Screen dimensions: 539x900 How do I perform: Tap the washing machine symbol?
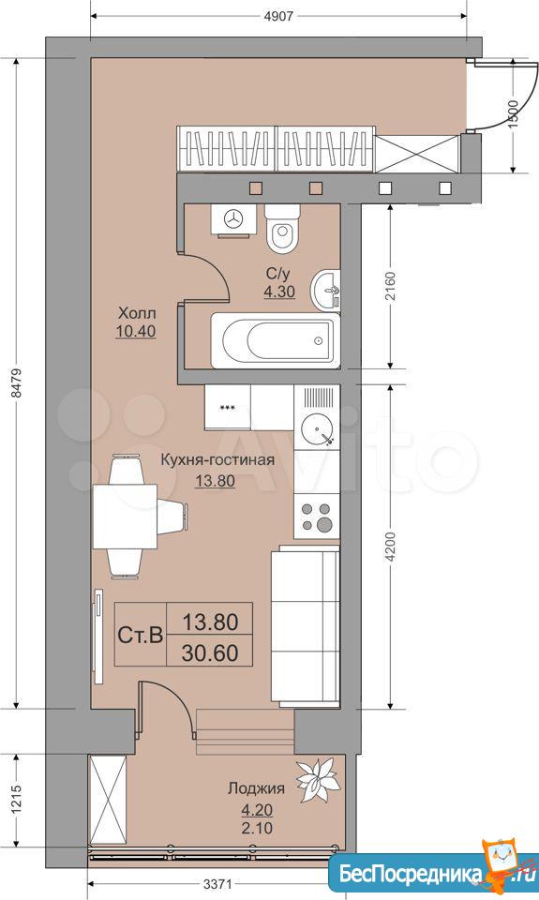pos(233,218)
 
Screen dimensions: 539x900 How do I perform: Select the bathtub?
pos(276,340)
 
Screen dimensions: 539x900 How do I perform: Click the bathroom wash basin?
pos(325,290)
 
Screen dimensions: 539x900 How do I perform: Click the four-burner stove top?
pos(317,517)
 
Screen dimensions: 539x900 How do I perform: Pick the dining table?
pos(125,516)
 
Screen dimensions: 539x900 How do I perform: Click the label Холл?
pos(137,314)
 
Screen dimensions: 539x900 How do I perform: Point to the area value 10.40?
pos(136,331)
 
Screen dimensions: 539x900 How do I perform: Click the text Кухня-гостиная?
pos(217,459)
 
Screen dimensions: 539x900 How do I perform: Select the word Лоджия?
pos(256,788)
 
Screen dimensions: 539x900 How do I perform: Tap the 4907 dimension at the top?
pos(277,16)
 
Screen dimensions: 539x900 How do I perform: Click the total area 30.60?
pos(210,652)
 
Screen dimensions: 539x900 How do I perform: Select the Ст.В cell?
pos(141,635)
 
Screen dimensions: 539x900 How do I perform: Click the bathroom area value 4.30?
pos(279,292)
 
